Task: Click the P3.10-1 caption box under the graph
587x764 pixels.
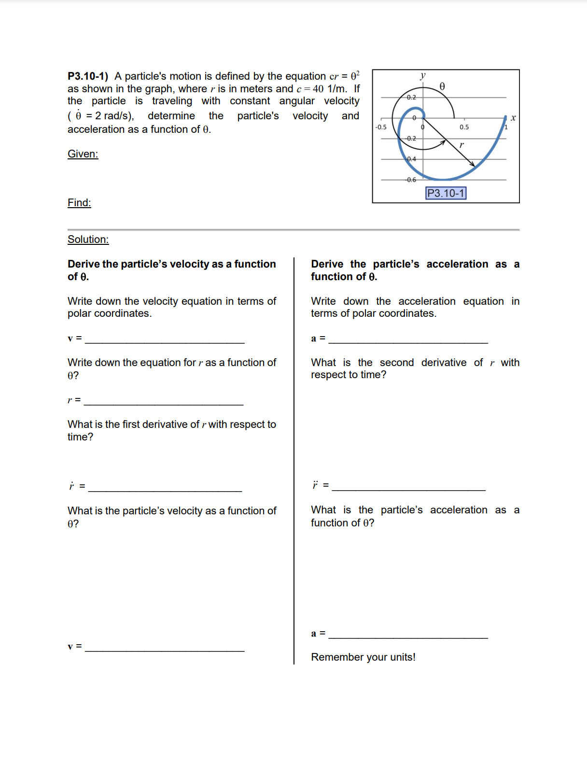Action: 446,193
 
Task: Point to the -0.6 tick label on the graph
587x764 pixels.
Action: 411,180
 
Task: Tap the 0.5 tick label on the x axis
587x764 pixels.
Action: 464,127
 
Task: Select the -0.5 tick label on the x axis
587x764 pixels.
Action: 381,127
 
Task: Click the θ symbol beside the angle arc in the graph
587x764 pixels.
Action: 442,86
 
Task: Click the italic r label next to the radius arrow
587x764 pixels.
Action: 461,144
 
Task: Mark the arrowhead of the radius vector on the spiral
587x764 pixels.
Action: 473,164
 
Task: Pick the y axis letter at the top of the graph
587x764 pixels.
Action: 423,75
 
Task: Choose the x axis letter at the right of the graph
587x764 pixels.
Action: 513,117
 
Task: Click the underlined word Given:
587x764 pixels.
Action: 83,154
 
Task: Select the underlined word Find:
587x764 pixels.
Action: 79,203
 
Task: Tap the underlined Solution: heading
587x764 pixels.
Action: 88,240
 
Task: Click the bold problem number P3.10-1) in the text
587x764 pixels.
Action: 88,76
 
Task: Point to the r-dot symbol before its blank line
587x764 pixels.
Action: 71,486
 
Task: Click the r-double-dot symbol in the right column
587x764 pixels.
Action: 315,485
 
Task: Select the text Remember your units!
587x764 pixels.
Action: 363,657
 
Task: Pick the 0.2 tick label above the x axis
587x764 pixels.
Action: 411,97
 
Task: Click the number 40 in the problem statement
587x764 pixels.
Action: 318,89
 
